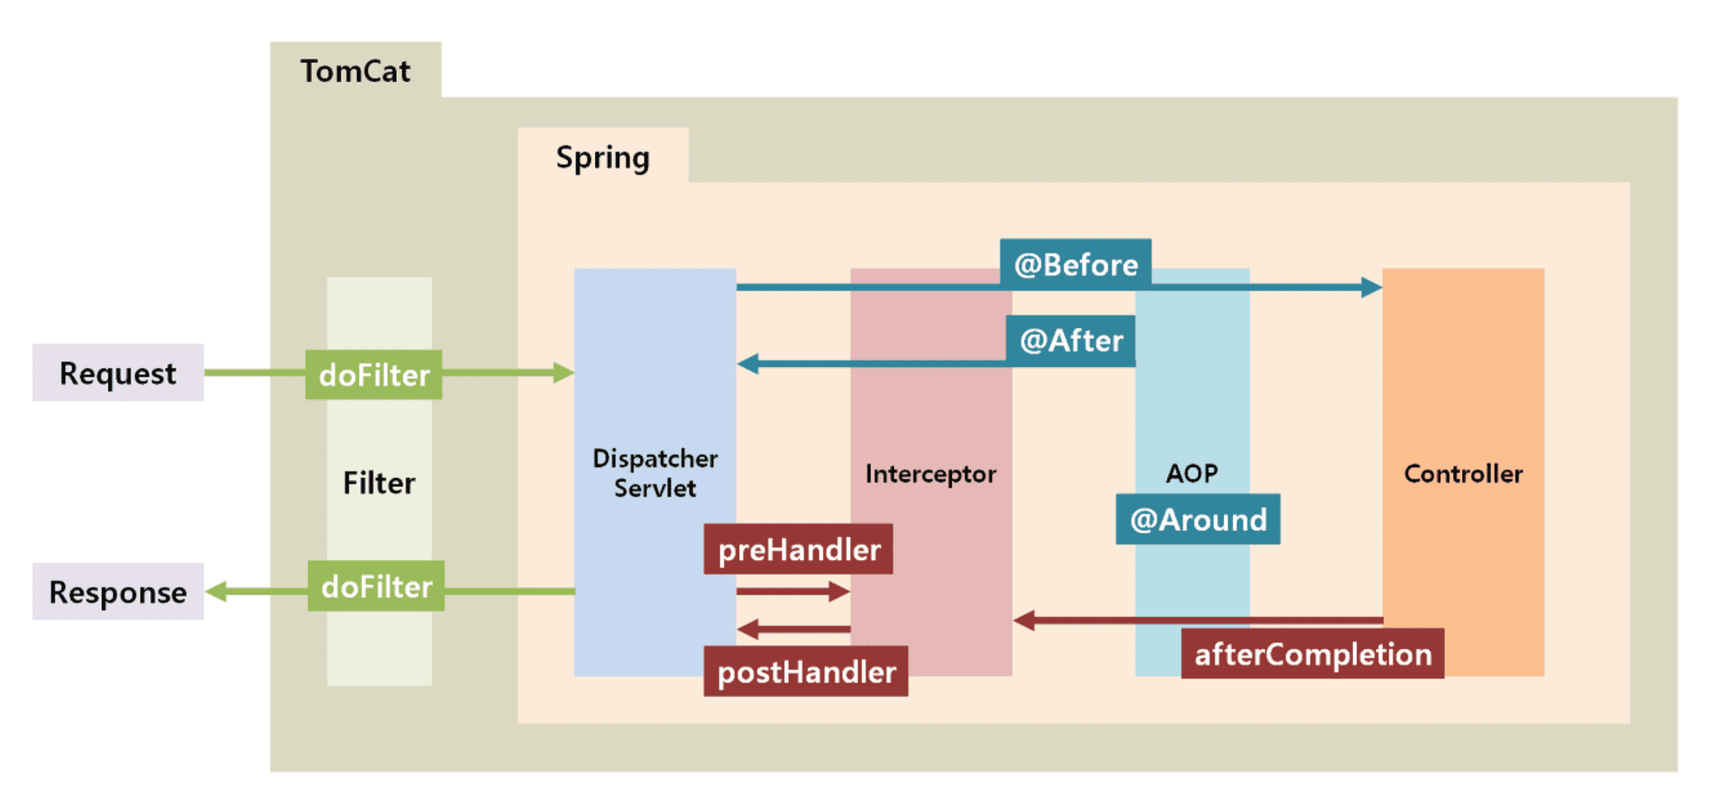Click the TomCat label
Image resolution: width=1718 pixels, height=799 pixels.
(x=355, y=71)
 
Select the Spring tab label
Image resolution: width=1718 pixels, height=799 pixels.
(x=602, y=157)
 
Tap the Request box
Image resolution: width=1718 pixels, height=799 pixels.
(x=118, y=373)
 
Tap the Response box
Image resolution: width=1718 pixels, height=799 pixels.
(x=118, y=592)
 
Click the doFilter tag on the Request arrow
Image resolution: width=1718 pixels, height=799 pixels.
(x=374, y=375)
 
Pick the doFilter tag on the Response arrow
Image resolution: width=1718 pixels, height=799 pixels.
(x=377, y=586)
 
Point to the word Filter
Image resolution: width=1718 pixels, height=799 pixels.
(x=379, y=483)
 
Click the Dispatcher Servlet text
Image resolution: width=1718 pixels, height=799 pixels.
(x=655, y=473)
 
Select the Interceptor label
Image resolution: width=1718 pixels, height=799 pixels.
(x=931, y=474)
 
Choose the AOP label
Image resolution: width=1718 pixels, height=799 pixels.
(x=1192, y=473)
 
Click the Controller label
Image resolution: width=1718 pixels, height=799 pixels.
(x=1463, y=474)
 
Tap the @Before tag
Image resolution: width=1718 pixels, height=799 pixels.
(x=1076, y=264)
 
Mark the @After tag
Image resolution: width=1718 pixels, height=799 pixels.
(x=1071, y=340)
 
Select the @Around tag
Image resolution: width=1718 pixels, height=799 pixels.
(x=1198, y=519)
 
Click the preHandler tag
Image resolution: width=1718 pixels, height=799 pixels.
(x=799, y=550)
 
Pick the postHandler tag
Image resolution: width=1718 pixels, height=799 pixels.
(x=806, y=672)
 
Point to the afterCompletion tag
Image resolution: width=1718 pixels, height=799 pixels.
(x=1313, y=654)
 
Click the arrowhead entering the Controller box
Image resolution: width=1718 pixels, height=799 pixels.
(x=1372, y=287)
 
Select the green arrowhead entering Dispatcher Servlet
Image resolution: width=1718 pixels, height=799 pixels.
(x=563, y=373)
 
